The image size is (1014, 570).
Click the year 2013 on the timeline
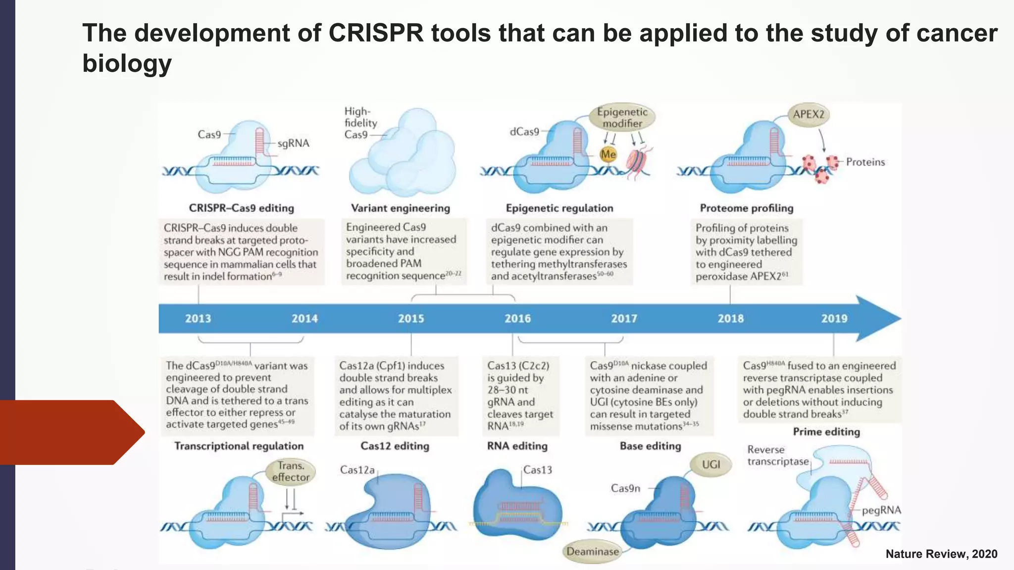198,319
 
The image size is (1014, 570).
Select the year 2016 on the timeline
517,319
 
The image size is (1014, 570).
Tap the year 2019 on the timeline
834,319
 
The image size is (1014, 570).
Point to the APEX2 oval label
809,114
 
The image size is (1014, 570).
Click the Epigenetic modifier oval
622,118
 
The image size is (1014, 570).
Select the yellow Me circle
608,154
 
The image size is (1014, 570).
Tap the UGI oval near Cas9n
711,465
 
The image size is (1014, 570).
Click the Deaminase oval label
592,552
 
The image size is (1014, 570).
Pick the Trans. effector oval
290,472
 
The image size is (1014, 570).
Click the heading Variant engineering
401,208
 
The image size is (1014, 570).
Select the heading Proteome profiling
747,208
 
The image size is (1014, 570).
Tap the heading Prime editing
826,432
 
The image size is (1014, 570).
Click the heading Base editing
650,446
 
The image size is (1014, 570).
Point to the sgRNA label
293,143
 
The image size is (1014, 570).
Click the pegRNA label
881,511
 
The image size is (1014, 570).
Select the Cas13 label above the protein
537,470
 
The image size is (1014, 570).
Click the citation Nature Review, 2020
941,554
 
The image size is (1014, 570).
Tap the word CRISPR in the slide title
376,33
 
